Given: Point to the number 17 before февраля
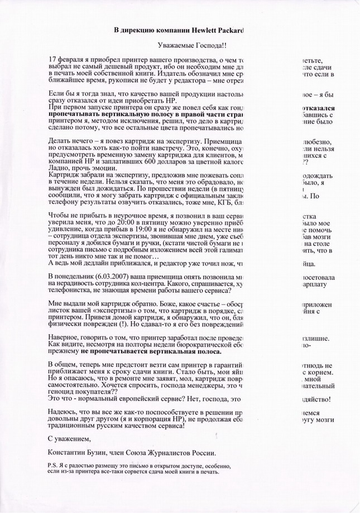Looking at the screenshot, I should click(x=53, y=59).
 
